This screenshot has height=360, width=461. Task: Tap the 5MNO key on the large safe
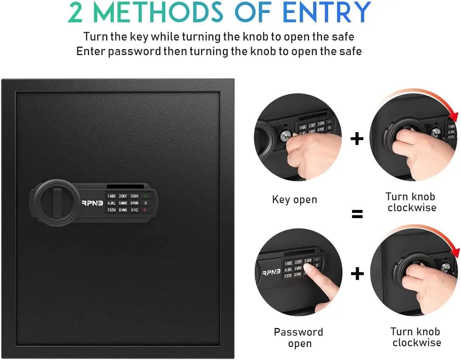123,203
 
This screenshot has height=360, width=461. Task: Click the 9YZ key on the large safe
134,210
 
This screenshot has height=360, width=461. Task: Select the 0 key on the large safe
145,203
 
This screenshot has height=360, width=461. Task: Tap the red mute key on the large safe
145,210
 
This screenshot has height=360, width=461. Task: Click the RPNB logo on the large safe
92,203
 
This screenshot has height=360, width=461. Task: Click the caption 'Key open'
295,199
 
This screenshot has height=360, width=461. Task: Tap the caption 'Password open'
299,338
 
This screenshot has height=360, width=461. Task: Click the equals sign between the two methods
357,214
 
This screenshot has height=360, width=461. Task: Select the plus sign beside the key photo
357,139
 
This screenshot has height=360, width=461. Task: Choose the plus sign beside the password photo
357,274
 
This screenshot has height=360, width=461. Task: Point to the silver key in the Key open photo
286,136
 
